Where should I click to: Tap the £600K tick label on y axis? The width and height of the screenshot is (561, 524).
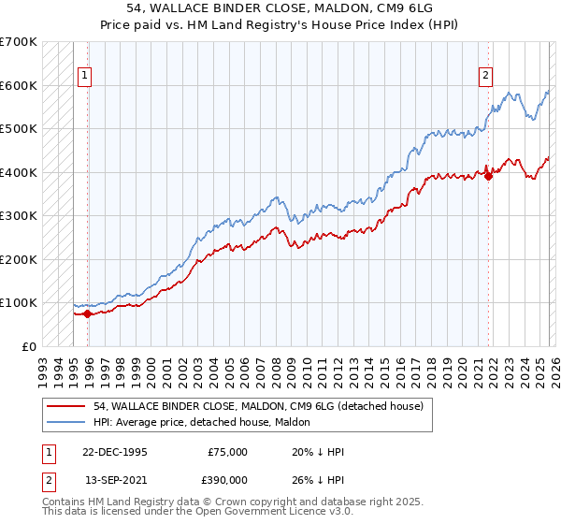19,85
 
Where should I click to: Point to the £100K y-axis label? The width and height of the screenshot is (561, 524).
19,303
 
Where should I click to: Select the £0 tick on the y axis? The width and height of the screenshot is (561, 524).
30,346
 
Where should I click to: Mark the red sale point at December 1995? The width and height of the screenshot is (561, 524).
88,313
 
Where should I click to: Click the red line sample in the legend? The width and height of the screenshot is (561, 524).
66,406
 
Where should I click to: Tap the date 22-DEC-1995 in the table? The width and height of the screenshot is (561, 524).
116,452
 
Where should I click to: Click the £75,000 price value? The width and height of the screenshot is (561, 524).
226,452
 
